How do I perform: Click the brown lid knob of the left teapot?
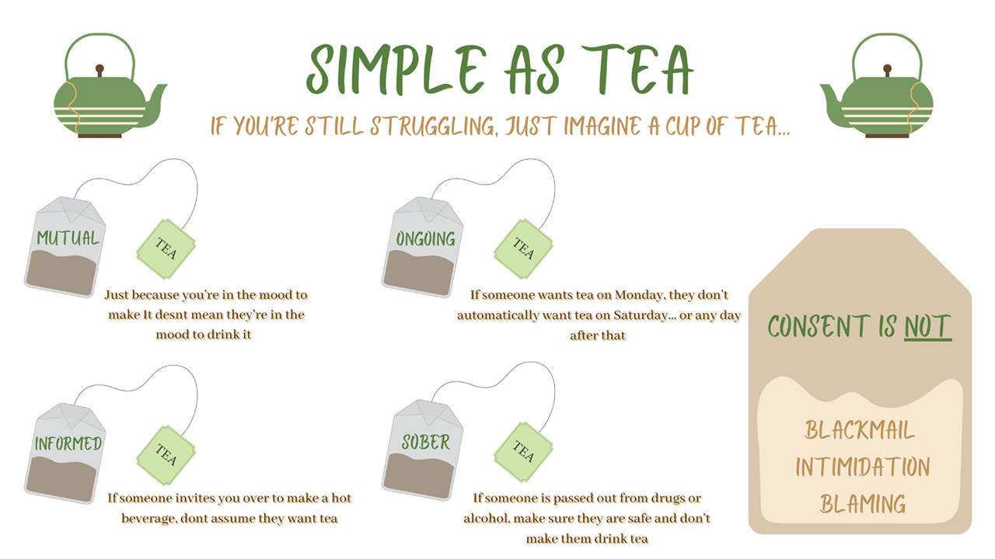point(99,70)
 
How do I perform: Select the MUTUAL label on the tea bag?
point(68,238)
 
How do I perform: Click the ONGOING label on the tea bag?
point(425,239)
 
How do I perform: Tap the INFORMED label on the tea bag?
point(68,443)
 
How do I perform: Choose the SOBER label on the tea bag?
point(425,443)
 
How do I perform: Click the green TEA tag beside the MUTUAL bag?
point(166,248)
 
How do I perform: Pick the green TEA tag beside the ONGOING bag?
point(523,248)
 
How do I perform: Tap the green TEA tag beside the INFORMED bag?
point(166,455)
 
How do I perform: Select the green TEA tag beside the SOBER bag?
point(523,452)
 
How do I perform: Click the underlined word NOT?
point(928,327)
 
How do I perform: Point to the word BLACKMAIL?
point(860,430)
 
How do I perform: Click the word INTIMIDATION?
point(862,467)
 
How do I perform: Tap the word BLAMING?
point(863,505)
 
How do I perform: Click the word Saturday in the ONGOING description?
point(641,315)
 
